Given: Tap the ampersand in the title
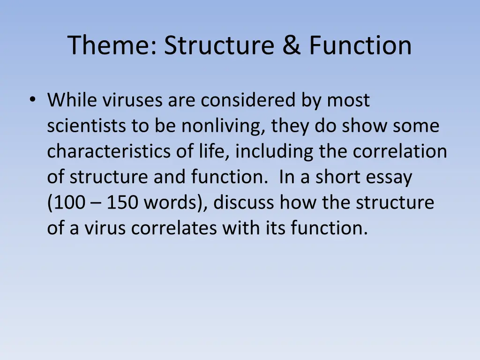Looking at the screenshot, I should [x=292, y=45].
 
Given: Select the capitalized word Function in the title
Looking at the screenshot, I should [x=360, y=45].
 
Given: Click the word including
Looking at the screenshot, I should [x=275, y=152].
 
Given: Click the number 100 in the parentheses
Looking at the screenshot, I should [x=70, y=203].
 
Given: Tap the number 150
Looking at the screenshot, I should [x=123, y=203].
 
